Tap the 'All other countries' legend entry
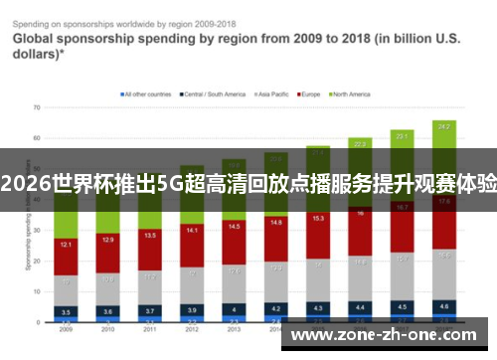tap(146, 94)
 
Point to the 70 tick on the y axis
tap(36, 106)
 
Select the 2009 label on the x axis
tap(66, 329)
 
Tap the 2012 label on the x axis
tap(189, 329)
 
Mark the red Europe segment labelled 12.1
tap(66, 245)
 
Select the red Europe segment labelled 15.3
tap(317, 218)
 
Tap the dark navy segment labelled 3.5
tap(66, 311)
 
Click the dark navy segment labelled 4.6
tap(444, 307)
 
